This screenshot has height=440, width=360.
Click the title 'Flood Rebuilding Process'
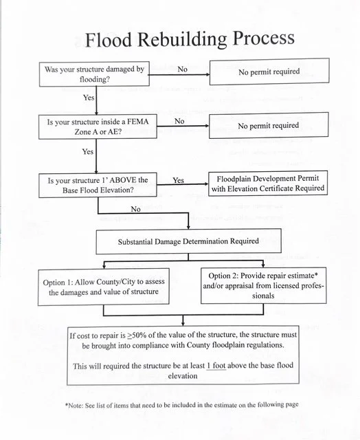[189, 38]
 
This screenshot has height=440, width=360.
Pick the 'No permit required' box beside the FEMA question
[268, 126]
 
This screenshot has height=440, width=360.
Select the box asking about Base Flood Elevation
[98, 185]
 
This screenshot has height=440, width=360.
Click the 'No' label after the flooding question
[182, 69]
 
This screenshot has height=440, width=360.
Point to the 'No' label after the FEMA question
[179, 121]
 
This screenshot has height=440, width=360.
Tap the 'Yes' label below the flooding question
[89, 98]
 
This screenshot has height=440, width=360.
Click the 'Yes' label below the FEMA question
[88, 151]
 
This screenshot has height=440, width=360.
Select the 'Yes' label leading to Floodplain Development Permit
[178, 180]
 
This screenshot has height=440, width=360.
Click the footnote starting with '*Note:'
[181, 404]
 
